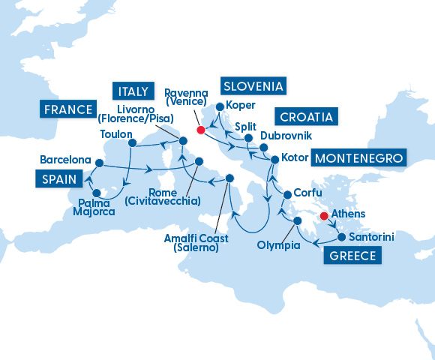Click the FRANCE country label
70,109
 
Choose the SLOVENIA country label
253,85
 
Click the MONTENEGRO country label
358,158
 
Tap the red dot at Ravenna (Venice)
200,130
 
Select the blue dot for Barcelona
99,162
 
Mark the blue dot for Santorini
341,237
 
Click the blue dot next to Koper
219,106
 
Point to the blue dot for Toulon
131,142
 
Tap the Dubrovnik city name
286,136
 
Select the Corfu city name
308,193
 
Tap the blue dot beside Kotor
274,160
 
